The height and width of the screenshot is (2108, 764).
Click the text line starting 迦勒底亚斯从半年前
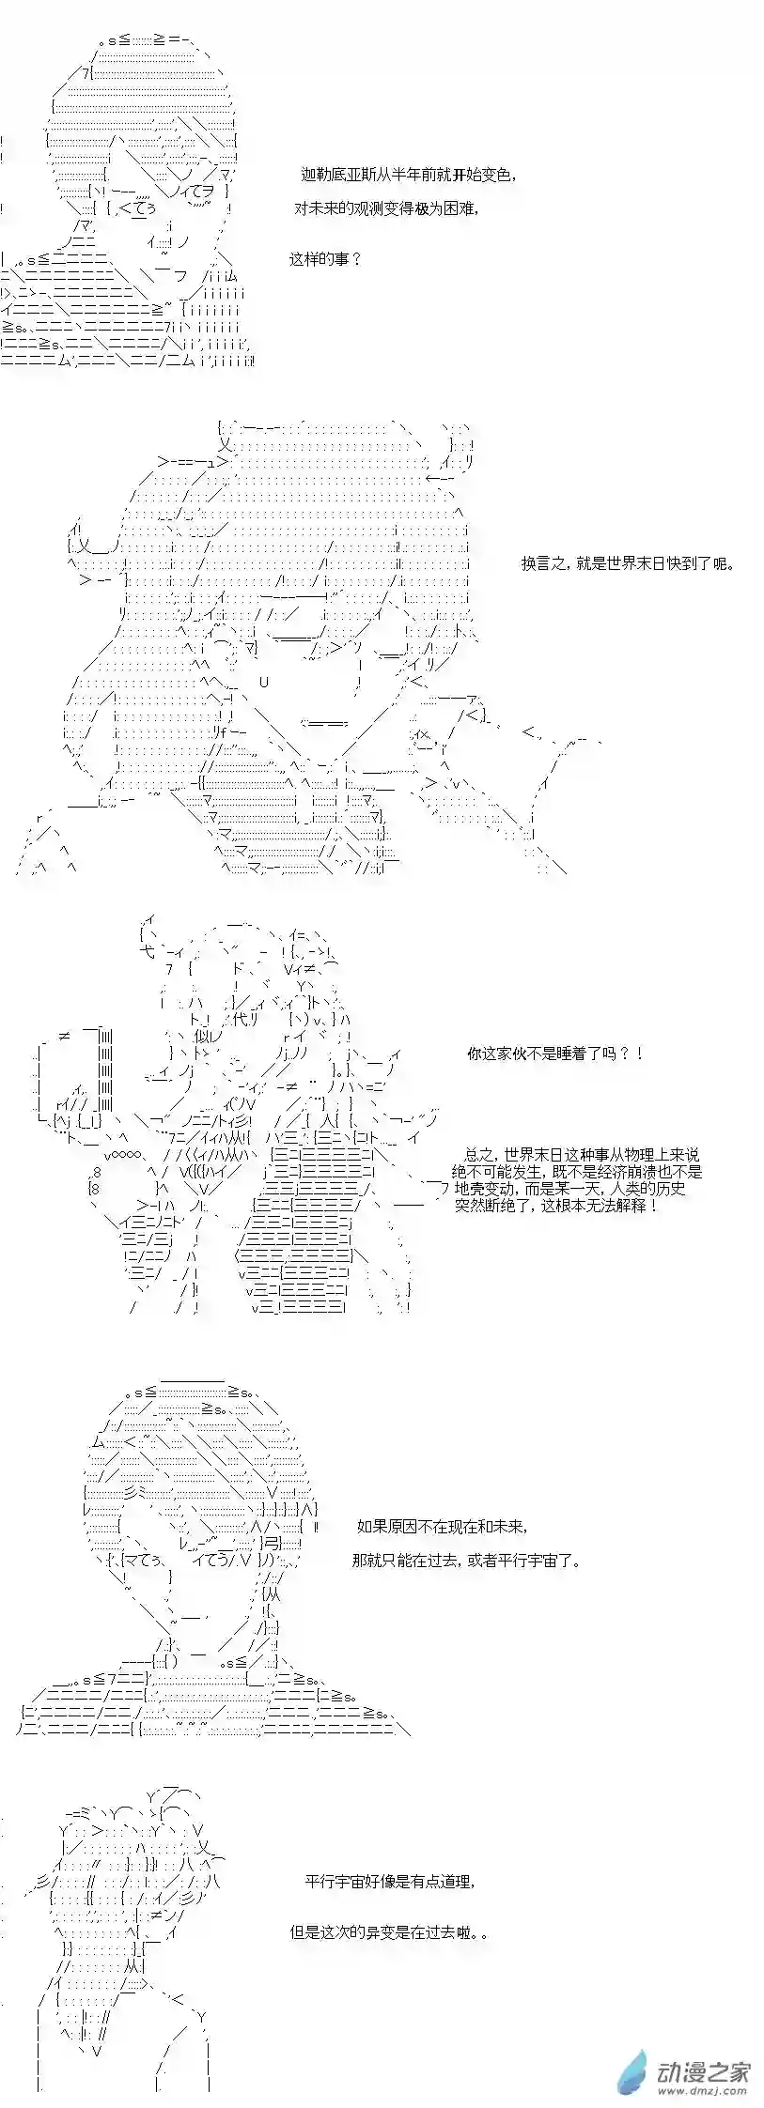408,176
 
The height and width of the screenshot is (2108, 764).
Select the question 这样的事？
324,258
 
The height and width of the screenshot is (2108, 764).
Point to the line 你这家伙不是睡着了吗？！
556,1054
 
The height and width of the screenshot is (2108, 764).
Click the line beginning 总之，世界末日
582,1155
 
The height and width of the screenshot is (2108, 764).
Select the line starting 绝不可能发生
576,1172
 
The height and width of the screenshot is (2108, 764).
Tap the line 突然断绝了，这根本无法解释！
556,1206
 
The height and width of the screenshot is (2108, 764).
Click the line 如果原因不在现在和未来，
443,1527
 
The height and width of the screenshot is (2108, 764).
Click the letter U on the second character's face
264,683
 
